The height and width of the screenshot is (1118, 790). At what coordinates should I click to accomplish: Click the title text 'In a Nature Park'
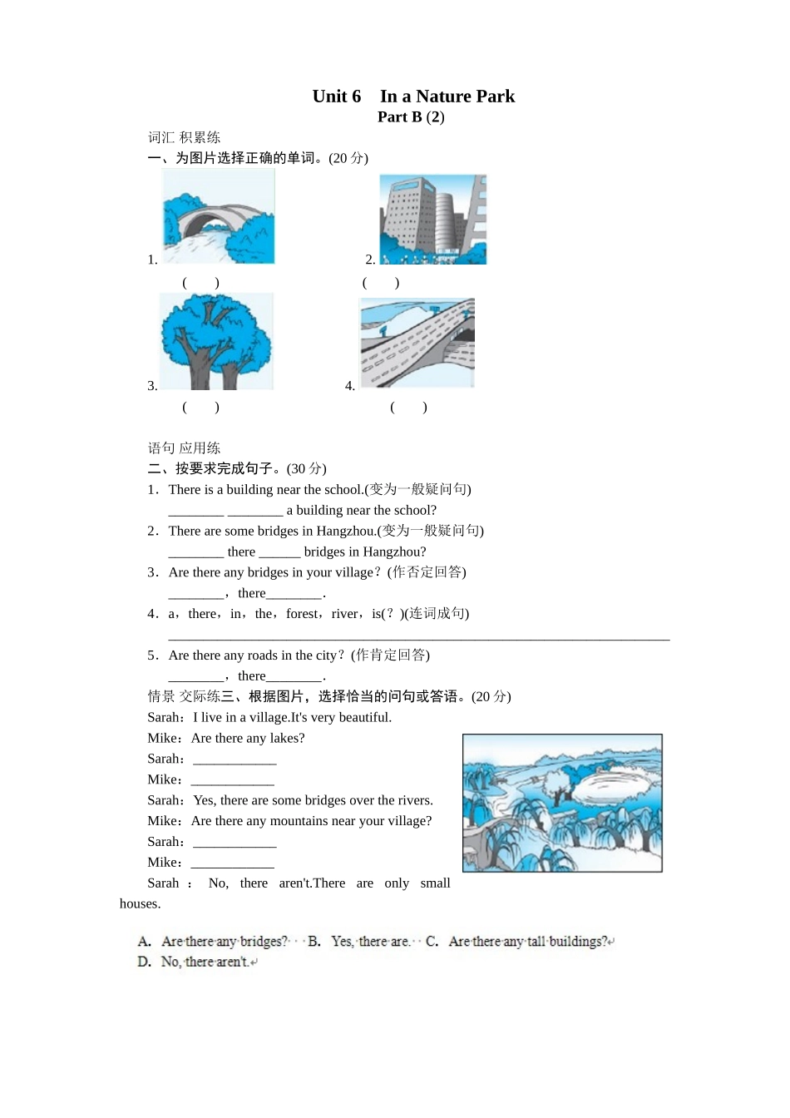[447, 96]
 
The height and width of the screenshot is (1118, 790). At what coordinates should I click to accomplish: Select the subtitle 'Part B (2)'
[411, 117]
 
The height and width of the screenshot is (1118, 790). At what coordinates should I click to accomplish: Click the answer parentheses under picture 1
[200, 283]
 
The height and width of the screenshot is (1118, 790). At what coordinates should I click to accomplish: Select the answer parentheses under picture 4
[408, 408]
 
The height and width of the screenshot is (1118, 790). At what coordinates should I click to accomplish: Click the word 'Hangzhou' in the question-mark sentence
[394, 552]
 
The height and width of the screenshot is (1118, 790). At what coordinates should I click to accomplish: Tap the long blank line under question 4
[418, 639]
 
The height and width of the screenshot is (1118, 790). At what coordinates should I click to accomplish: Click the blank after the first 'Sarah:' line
[235, 759]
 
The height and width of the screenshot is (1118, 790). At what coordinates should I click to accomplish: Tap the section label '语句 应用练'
[184, 448]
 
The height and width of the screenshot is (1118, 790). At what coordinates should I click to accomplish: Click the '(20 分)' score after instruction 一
[348, 158]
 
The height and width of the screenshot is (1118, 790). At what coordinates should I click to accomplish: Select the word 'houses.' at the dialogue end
[140, 904]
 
